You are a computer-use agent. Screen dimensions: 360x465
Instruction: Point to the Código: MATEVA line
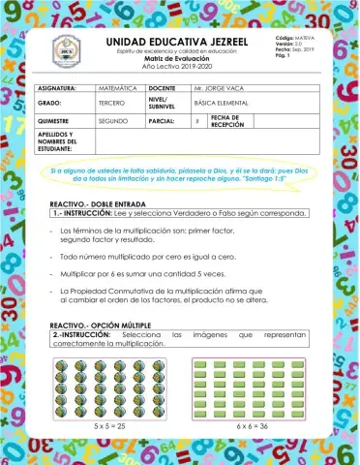(x=281, y=36)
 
